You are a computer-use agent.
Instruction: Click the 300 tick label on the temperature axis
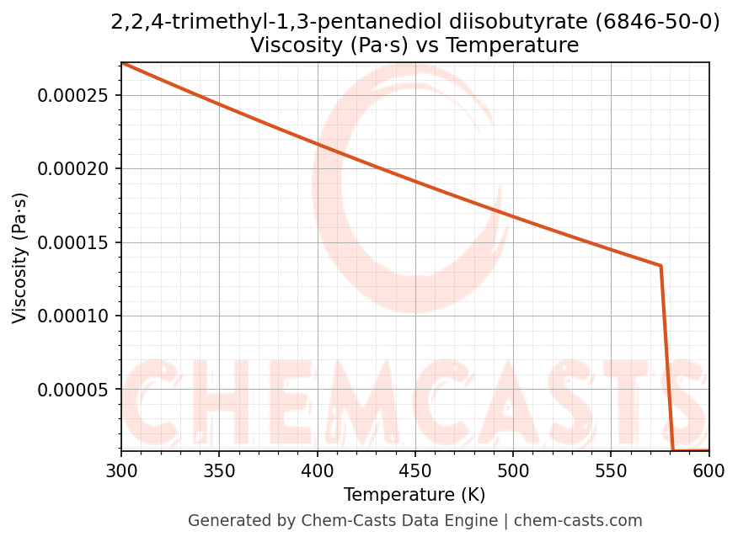click(121, 472)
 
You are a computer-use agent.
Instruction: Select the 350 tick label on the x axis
click(219, 472)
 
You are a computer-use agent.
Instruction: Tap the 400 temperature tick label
click(317, 472)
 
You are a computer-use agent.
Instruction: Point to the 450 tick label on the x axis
click(414, 472)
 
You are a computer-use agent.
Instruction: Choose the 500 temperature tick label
click(513, 472)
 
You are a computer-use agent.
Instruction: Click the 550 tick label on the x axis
click(611, 472)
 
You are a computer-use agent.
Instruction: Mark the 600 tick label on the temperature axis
click(709, 472)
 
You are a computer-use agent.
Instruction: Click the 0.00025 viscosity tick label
click(74, 95)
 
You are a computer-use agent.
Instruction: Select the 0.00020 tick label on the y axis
click(74, 168)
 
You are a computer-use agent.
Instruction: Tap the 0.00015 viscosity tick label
click(74, 242)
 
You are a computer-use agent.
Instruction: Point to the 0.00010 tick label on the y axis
click(74, 316)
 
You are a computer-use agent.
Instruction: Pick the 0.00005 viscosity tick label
click(74, 390)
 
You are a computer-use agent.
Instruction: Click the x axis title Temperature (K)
click(414, 495)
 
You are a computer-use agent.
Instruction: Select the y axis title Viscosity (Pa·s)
click(20, 258)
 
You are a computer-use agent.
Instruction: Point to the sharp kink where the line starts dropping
click(660, 266)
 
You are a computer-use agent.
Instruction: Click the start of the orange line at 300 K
click(122, 63)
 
